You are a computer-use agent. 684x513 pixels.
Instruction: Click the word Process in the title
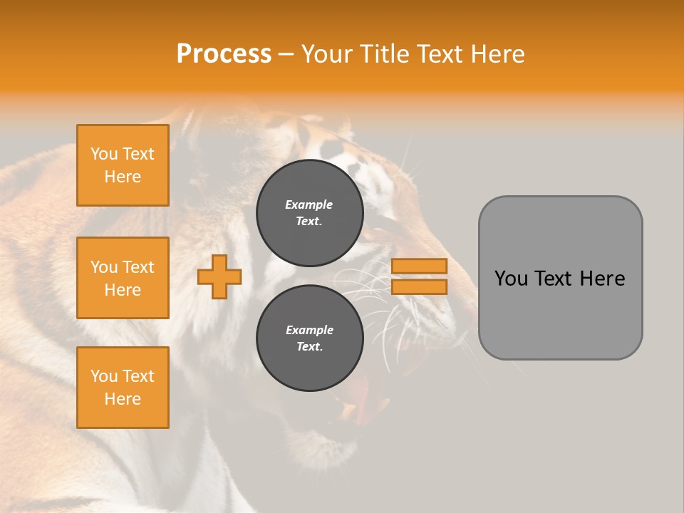pos(224,54)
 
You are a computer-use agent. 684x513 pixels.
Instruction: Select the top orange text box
pos(123,165)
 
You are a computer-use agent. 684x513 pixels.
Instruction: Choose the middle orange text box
pos(123,278)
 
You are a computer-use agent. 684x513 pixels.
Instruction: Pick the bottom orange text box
pos(123,388)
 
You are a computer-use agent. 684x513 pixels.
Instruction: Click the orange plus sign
pos(219,276)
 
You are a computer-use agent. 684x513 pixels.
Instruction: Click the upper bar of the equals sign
pos(419,266)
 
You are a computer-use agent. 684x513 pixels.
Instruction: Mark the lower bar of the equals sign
pos(419,287)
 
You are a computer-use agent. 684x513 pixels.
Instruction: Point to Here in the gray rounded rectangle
pos(602,279)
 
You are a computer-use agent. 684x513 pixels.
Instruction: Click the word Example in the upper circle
pos(309,204)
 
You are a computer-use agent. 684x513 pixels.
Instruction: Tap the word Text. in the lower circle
pos(309,347)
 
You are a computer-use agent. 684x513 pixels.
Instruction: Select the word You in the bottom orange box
pos(104,376)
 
